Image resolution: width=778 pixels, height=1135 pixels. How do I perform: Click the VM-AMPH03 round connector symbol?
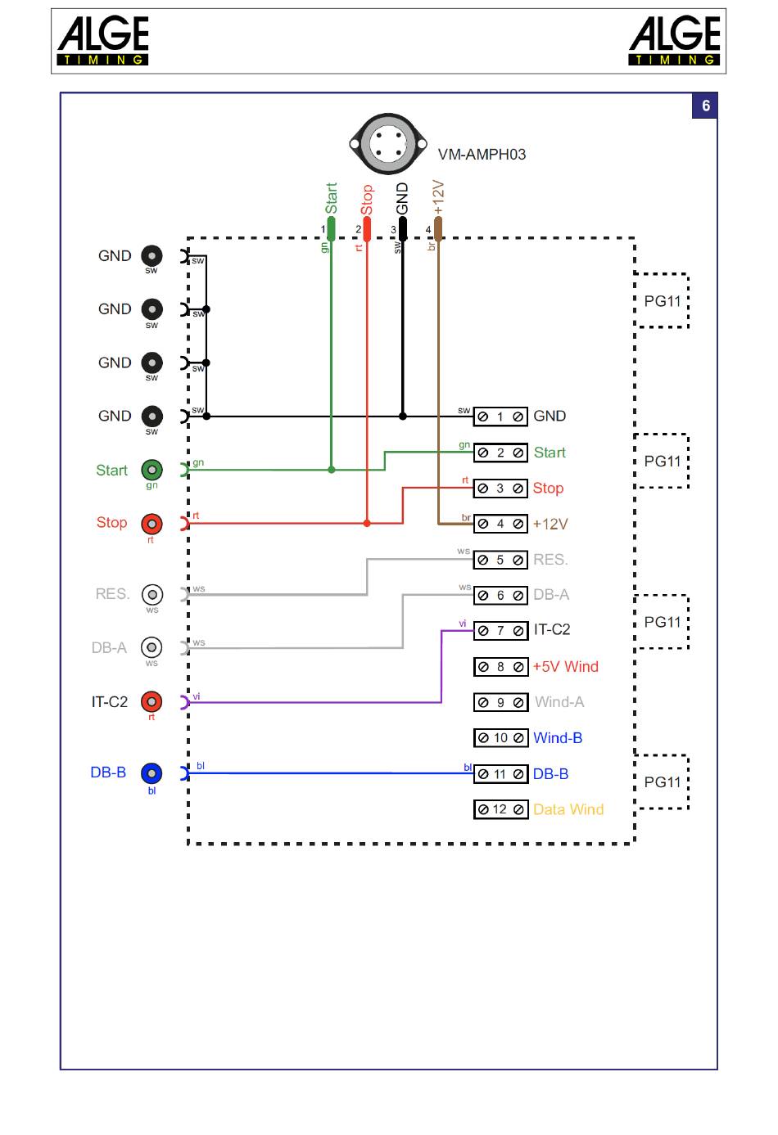[388, 144]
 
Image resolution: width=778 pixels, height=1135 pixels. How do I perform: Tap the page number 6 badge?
[705, 106]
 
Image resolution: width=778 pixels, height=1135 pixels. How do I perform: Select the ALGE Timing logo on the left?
[103, 40]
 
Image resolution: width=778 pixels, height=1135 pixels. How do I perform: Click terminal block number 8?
[500, 667]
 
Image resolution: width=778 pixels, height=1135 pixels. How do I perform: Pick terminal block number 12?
[500, 809]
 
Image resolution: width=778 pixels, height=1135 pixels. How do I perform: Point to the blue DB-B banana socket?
[152, 773]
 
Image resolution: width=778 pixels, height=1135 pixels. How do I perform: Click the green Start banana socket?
[152, 470]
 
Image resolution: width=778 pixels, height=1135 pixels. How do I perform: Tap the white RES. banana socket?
[152, 594]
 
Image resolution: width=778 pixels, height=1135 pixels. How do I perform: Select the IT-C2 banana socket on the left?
[152, 702]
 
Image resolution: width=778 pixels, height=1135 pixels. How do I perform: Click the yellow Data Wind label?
[568, 809]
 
